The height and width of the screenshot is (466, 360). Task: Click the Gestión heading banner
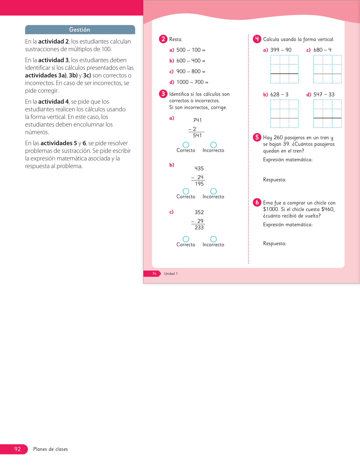pyautogui.click(x=80, y=30)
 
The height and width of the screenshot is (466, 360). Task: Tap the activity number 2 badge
pyautogui.click(x=163, y=39)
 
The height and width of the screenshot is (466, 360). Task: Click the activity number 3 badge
pyautogui.click(x=163, y=94)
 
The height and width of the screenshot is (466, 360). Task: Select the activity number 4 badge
pyautogui.click(x=257, y=39)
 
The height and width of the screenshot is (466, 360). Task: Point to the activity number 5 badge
pyautogui.click(x=257, y=137)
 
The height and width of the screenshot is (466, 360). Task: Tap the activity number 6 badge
pyautogui.click(x=257, y=202)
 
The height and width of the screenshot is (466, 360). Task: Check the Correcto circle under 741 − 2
pyautogui.click(x=186, y=145)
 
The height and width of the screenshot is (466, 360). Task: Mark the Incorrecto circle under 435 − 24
pyautogui.click(x=213, y=191)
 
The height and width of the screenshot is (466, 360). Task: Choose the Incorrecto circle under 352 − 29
pyautogui.click(x=213, y=239)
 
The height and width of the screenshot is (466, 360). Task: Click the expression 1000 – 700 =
pyautogui.click(x=192, y=82)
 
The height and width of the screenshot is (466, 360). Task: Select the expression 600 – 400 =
pyautogui.click(x=191, y=61)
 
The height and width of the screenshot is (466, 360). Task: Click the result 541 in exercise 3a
pyautogui.click(x=197, y=136)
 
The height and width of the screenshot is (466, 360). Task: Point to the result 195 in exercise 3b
pyautogui.click(x=199, y=184)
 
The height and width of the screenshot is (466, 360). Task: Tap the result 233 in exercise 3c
pyautogui.click(x=199, y=228)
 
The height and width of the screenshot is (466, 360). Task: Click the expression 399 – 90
pyautogui.click(x=281, y=50)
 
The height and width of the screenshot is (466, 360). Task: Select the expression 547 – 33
pyautogui.click(x=324, y=95)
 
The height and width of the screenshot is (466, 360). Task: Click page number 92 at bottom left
pyautogui.click(x=18, y=449)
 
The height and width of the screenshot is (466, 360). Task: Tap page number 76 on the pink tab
pyautogui.click(x=154, y=274)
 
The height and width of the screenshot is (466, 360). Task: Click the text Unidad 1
pyautogui.click(x=171, y=274)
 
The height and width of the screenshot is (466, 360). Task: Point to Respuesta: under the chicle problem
pyautogui.click(x=274, y=243)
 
